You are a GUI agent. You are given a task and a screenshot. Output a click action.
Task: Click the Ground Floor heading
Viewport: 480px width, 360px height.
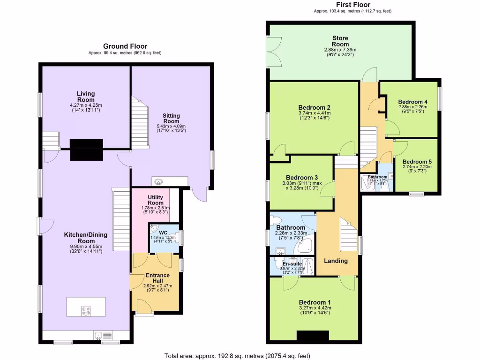pos(125,46)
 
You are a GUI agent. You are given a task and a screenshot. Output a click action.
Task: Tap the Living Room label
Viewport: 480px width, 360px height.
pos(86,97)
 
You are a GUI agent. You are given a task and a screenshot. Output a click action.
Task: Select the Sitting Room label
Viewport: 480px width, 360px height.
pos(171,118)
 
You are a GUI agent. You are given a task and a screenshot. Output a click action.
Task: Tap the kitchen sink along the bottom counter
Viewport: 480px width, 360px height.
pos(99,335)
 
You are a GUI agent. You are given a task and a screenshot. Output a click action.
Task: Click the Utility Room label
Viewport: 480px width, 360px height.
pos(155,200)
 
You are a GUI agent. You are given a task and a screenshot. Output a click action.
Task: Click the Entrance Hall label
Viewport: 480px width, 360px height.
pos(155,278)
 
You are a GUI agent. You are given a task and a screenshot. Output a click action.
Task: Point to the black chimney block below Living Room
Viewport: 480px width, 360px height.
pos(86,150)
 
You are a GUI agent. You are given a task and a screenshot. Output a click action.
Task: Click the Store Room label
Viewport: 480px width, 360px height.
pos(340,41)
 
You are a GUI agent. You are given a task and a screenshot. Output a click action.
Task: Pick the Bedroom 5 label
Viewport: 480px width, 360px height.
pos(417,162)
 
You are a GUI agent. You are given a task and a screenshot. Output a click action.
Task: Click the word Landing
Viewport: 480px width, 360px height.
pos(336,261)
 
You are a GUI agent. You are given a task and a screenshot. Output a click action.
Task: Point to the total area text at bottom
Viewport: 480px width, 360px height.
pos(237,356)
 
